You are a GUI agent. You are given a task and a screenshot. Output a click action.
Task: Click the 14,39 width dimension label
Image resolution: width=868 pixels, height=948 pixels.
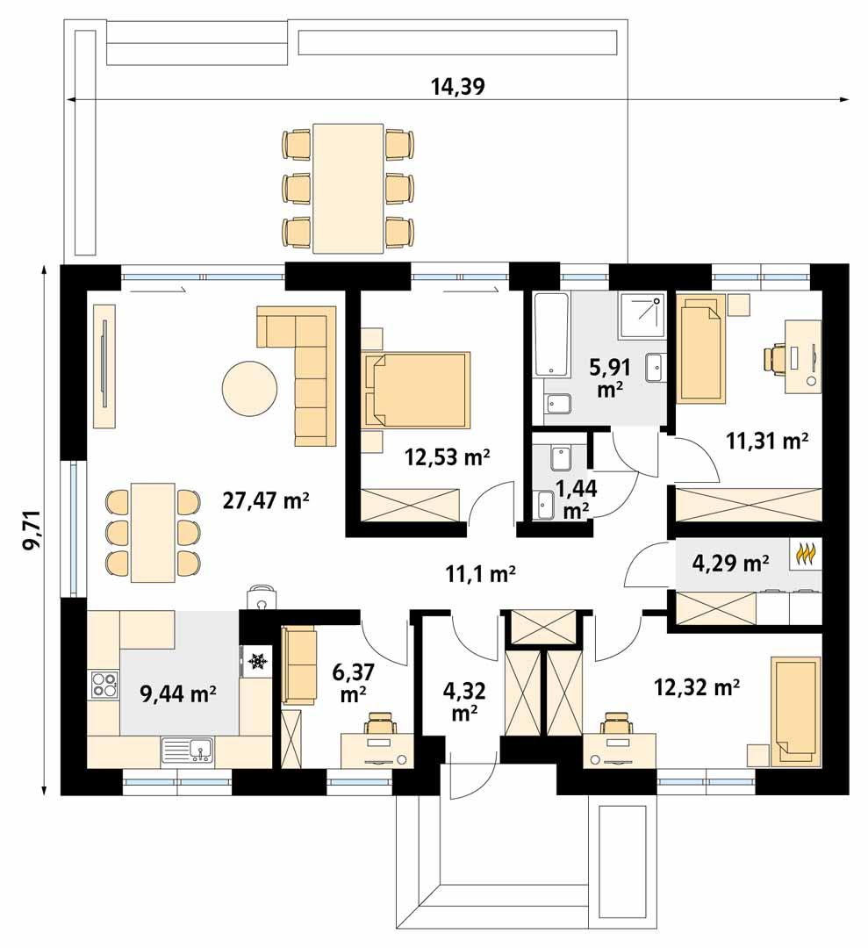click(x=457, y=86)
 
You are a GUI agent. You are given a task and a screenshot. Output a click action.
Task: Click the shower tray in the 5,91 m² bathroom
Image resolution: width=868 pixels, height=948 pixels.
click(x=642, y=315)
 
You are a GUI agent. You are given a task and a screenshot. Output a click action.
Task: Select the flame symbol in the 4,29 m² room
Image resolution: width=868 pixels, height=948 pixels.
click(x=806, y=555)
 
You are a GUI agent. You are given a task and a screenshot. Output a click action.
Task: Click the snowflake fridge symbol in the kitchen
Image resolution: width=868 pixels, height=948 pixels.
click(x=258, y=660)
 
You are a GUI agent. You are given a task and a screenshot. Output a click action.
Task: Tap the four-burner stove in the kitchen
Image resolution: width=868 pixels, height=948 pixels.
click(x=104, y=684)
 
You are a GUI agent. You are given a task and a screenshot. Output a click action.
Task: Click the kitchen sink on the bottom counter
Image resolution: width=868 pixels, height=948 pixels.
click(x=188, y=750)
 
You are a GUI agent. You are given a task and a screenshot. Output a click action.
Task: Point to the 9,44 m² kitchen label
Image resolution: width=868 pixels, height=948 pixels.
click(x=179, y=694)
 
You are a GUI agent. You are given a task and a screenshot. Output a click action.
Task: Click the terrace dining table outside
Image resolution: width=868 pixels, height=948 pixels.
click(x=348, y=187)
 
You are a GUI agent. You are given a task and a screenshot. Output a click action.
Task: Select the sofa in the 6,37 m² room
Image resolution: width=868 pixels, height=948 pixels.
click(x=298, y=664)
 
